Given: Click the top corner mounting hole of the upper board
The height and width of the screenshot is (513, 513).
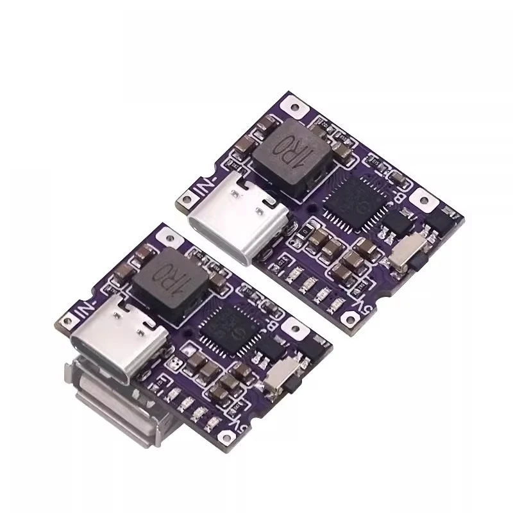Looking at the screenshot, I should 295,103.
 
